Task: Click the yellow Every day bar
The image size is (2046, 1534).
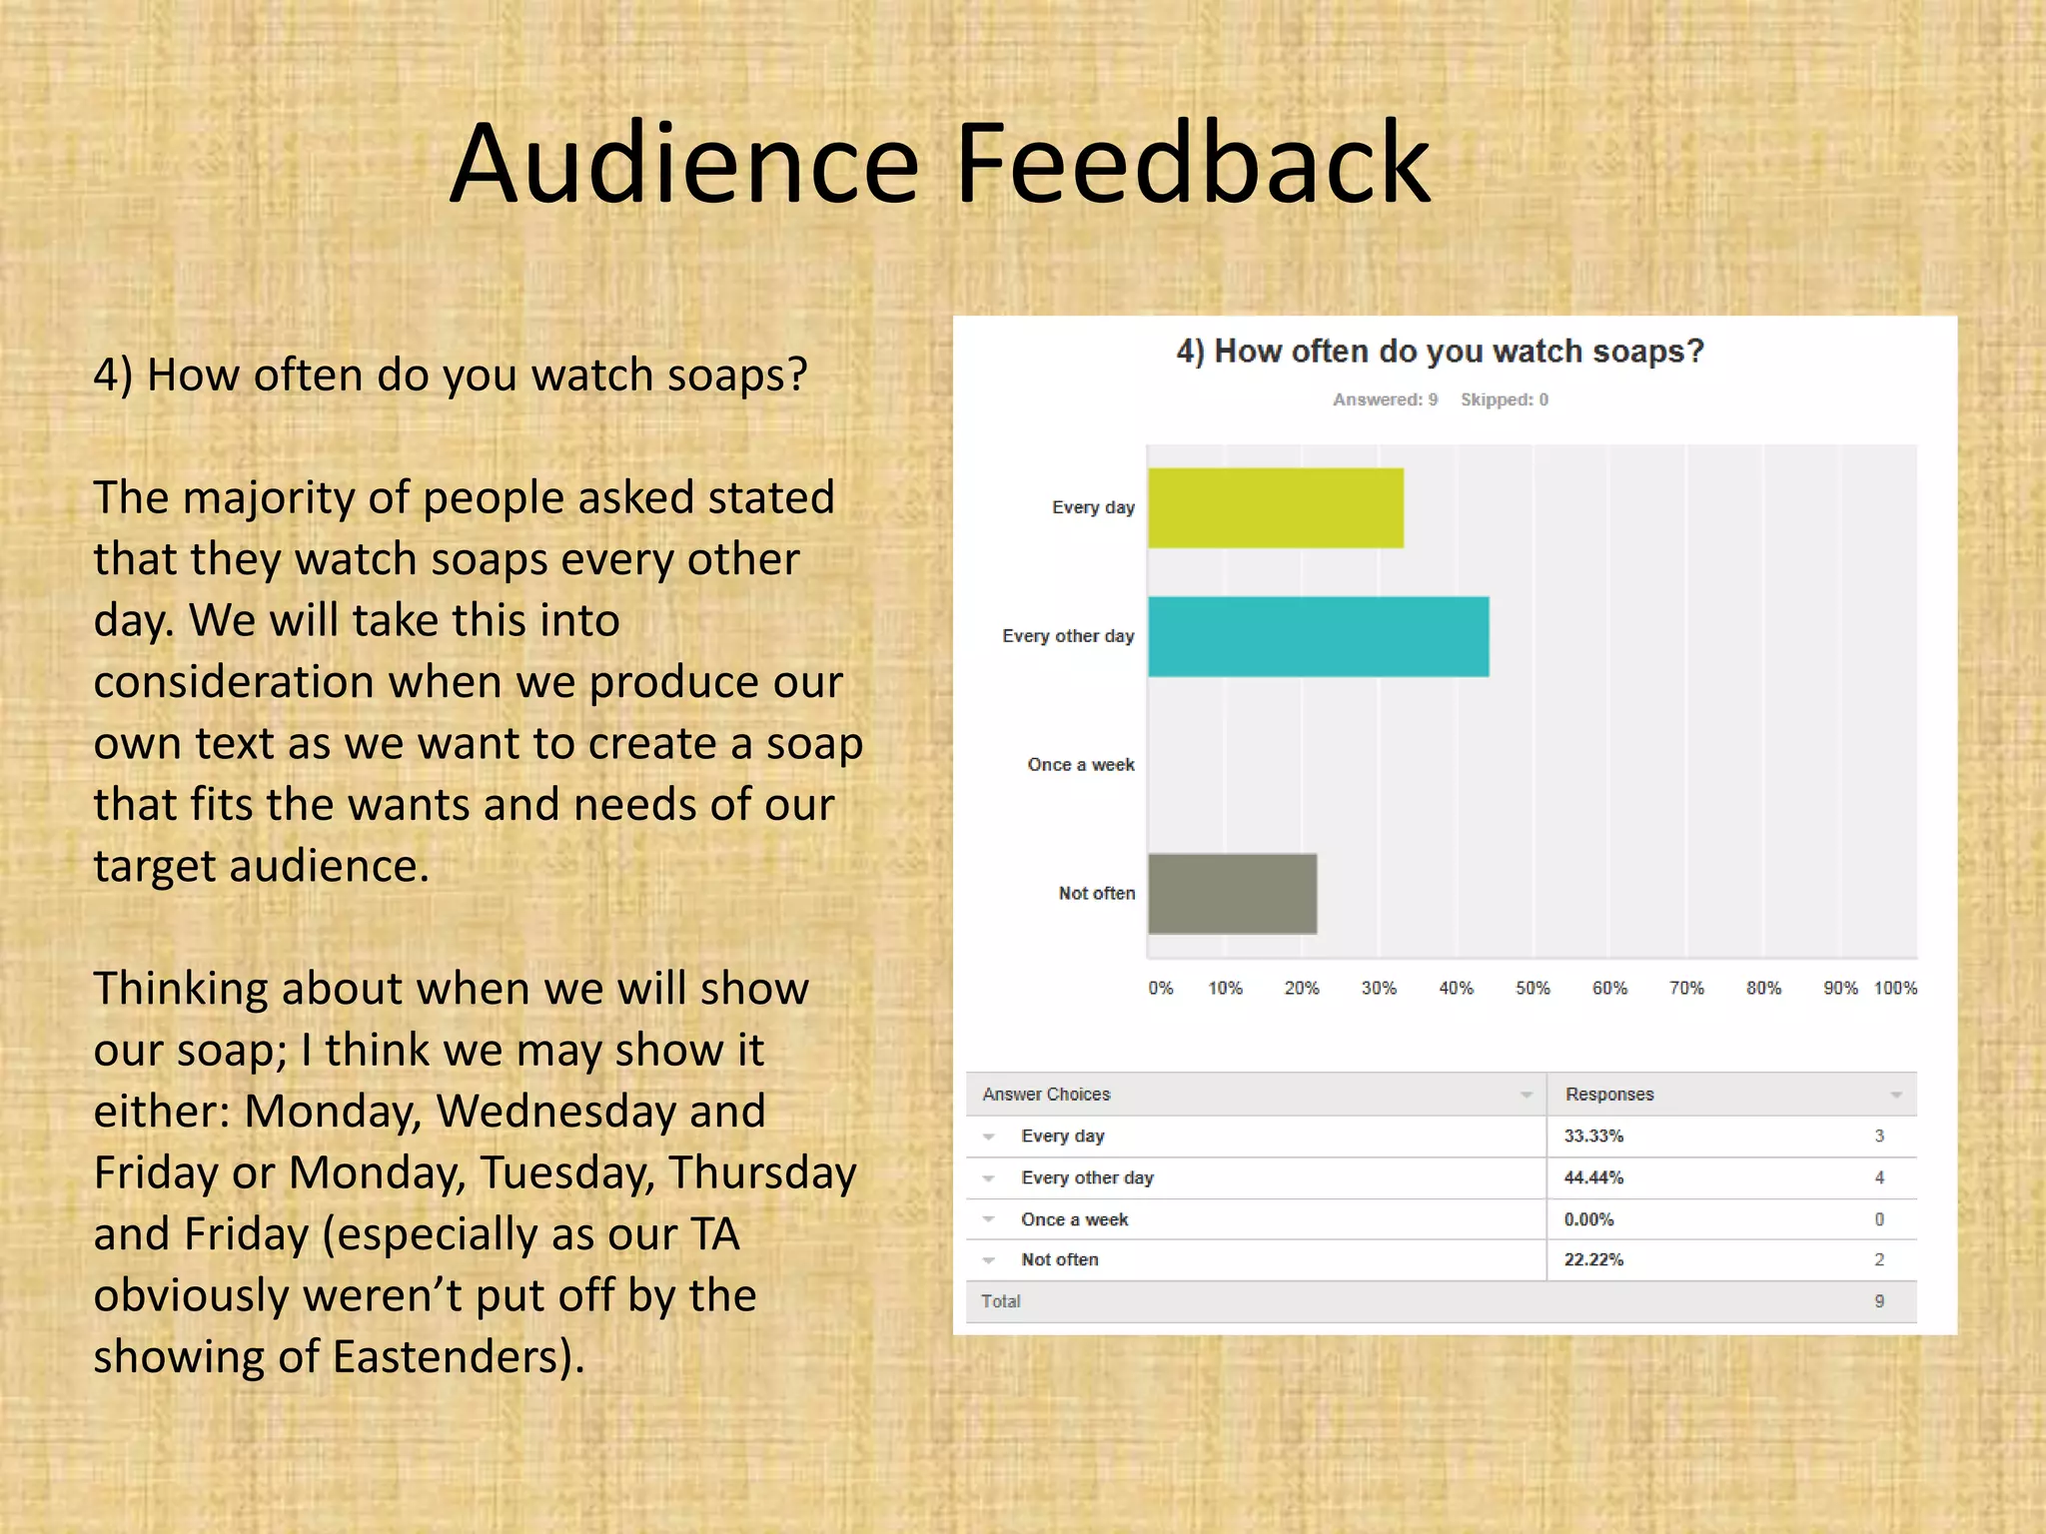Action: (x=1275, y=507)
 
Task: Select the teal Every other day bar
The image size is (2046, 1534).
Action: (x=1318, y=636)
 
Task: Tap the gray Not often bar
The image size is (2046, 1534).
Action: (x=1232, y=893)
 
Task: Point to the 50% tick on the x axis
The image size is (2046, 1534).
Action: (x=1533, y=988)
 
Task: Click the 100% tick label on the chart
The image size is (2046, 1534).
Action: (x=1895, y=988)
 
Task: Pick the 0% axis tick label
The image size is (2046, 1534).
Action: (x=1160, y=988)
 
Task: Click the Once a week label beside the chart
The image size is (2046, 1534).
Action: (x=1080, y=765)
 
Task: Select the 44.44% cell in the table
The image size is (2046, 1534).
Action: (x=1593, y=1177)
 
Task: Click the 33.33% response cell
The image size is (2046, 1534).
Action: (x=1593, y=1136)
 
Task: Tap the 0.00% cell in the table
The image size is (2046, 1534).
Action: (x=1588, y=1219)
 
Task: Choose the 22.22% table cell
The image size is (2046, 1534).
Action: (x=1593, y=1259)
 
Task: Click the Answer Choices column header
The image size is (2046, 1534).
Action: (x=1046, y=1095)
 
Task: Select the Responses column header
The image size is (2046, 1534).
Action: (x=1609, y=1095)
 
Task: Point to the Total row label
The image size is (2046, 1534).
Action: (x=1000, y=1301)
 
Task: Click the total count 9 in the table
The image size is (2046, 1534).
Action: (x=1879, y=1301)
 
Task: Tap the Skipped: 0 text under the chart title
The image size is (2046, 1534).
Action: (x=1504, y=399)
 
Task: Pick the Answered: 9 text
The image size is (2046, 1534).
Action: (x=1385, y=399)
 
